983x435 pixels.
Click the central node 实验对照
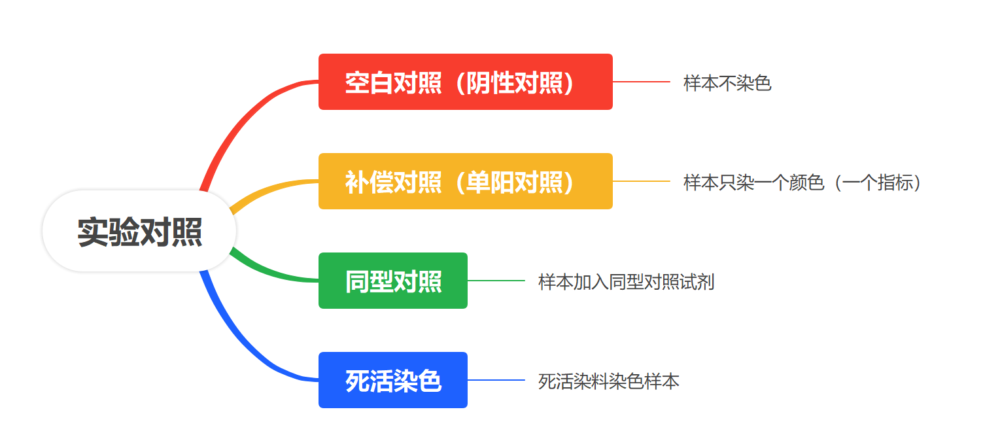[139, 231]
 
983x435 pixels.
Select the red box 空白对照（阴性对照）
[465, 82]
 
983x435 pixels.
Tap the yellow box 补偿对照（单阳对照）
[465, 181]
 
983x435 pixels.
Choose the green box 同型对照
[393, 281]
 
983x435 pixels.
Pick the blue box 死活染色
[393, 379]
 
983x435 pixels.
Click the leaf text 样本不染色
[727, 83]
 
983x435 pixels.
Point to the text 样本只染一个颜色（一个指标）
[802, 183]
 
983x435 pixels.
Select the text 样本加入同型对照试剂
[626, 282]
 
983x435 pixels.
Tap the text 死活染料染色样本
[609, 381]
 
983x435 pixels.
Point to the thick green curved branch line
[271, 271]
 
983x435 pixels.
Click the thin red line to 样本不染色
[641, 82]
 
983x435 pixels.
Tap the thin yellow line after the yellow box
[641, 181]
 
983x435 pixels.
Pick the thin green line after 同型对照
[496, 281]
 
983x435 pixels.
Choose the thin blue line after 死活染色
[496, 379]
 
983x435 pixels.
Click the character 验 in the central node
[124, 232]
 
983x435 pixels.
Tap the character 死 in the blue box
[357, 381]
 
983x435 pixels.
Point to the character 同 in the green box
[357, 282]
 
